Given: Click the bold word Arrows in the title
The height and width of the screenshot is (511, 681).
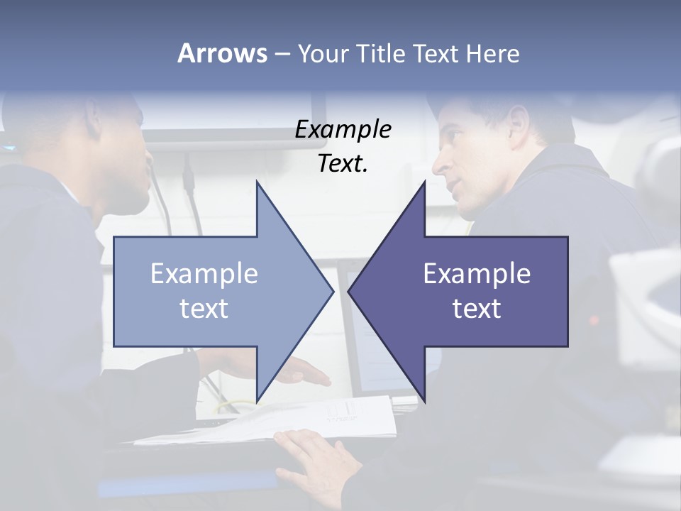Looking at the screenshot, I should pos(221,53).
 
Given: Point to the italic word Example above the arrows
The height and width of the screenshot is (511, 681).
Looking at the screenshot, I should pos(343,130).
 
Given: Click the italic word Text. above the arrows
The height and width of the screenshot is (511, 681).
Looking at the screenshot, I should pos(343,163).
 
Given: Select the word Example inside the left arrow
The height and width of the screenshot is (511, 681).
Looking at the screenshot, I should pos(204,274).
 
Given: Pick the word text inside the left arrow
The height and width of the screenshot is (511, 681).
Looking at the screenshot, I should pos(204,309).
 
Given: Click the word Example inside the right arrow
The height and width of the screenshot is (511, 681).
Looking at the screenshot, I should pos(477,274).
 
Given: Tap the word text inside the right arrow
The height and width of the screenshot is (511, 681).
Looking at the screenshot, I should pos(477,309).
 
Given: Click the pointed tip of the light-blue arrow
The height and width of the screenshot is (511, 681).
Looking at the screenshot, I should pos(332,291).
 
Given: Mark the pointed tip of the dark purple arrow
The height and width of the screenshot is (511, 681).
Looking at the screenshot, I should pos(350,291).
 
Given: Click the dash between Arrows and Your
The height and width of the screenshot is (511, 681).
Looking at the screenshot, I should pos(282,54).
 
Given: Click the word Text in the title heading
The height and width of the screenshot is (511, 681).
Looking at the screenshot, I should pos(438,53).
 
